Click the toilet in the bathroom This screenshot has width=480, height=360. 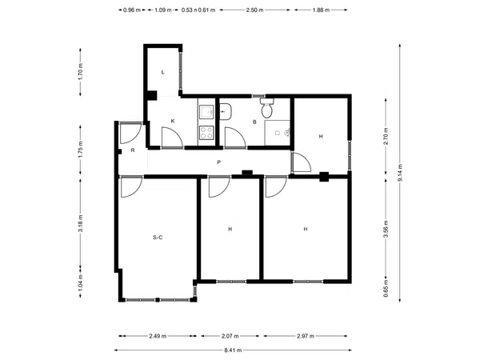(267, 108)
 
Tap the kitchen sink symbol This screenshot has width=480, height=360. (206, 112)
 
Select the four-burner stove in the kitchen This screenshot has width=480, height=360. (206, 133)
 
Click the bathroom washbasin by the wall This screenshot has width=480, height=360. (226, 112)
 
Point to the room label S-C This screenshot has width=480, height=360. (158, 238)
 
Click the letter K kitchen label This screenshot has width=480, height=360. (173, 122)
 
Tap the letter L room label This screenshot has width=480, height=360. (163, 72)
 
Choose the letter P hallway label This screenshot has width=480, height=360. (219, 162)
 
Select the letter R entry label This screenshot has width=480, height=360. (133, 150)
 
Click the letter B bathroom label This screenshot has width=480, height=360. (254, 122)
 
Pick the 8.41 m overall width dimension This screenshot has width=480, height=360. (233, 350)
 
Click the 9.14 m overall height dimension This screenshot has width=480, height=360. (400, 173)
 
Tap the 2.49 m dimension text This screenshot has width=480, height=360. (158, 336)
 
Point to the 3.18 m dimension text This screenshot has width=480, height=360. (81, 223)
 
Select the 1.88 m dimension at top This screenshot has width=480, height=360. (321, 10)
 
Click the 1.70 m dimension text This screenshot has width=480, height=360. (81, 72)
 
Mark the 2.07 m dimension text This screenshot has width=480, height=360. (230, 336)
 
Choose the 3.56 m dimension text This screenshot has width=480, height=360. (386, 229)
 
